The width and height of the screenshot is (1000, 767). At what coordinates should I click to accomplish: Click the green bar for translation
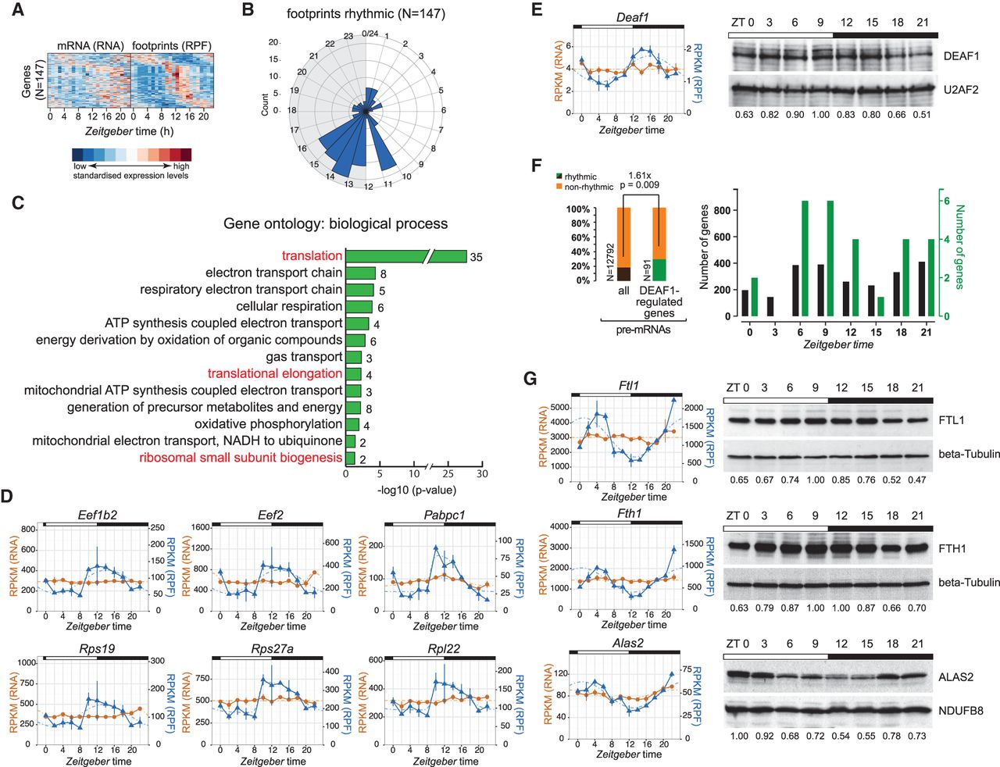click(406, 256)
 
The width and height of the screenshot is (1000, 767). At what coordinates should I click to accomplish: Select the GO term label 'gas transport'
click(304, 357)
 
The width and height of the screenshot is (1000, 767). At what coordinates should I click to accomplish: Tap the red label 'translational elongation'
click(275, 373)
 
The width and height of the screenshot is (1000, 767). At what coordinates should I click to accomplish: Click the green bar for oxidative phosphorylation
click(352, 424)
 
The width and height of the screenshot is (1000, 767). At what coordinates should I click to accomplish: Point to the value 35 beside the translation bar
click(476, 257)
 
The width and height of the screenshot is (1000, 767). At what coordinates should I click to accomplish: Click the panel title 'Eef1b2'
click(97, 515)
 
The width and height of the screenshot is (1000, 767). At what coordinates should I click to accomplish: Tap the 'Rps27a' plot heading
click(272, 648)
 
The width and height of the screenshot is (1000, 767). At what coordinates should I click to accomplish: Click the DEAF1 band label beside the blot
click(961, 56)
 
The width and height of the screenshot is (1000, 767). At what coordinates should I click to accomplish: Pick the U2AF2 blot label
click(961, 90)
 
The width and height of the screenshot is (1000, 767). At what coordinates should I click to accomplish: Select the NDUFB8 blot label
click(960, 711)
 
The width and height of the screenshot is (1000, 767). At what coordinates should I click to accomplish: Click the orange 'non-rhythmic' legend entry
click(585, 187)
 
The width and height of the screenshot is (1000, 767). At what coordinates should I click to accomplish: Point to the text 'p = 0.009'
click(639, 185)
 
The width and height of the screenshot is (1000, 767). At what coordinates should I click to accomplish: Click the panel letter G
click(530, 379)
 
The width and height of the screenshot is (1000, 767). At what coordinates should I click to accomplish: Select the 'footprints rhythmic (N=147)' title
click(366, 14)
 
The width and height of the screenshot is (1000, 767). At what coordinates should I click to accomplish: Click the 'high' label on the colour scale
click(181, 166)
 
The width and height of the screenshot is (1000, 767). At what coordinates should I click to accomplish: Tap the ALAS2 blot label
click(955, 677)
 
